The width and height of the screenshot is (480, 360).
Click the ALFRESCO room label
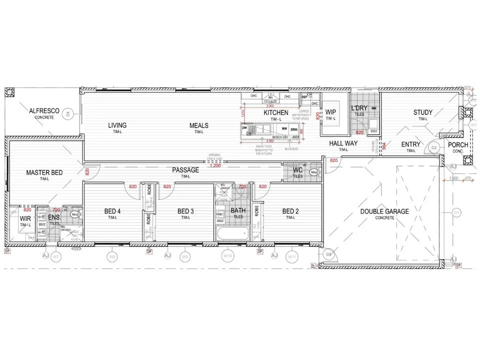[44, 111]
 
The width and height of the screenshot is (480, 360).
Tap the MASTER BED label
[44, 173]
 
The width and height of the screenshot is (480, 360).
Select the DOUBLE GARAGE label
[384, 211]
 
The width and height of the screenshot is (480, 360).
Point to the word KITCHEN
[276, 113]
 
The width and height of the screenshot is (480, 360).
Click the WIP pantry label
[330, 112]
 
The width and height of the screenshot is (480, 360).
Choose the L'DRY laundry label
[359, 108]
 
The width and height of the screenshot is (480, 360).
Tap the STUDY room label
[423, 112]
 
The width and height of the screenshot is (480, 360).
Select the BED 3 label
[185, 211]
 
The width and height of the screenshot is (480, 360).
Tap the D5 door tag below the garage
[328, 254]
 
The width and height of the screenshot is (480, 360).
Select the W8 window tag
[112, 257]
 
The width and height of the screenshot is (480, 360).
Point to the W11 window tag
[291, 257]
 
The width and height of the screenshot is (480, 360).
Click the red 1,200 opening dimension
[215, 165]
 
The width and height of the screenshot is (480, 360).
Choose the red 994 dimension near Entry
[383, 146]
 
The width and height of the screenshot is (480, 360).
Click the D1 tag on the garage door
[456, 213]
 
